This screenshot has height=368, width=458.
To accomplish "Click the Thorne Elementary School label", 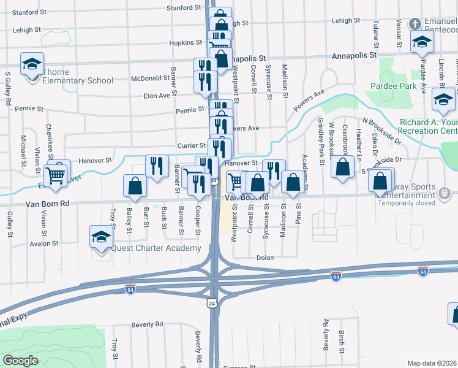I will tap(78, 80).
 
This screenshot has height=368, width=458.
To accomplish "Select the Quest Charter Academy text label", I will tap(156, 248).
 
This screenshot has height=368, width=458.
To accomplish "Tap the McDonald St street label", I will tap(150, 79).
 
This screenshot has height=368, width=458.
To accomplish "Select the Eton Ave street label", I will tap(156, 96).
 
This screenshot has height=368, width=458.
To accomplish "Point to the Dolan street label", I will tap(265, 258).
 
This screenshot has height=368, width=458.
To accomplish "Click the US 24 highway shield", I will tap(212, 304).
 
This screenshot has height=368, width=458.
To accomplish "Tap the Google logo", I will tap(20, 361).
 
